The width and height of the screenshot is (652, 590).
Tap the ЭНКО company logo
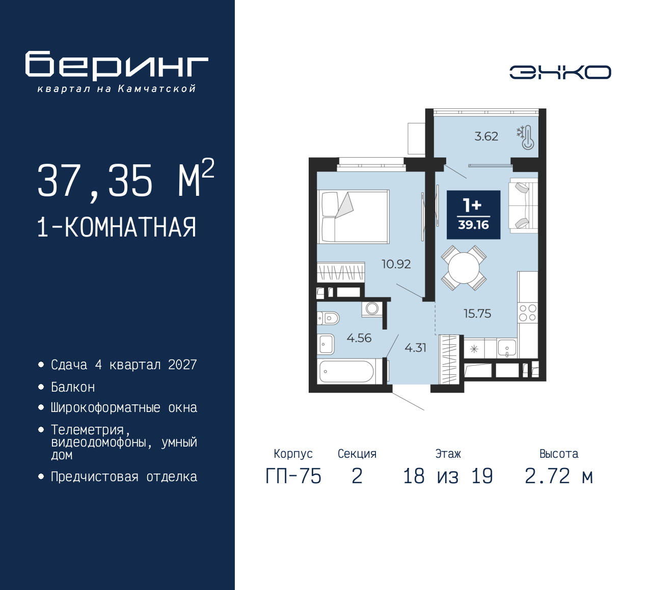560,72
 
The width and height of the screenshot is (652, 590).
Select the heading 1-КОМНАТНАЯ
117,227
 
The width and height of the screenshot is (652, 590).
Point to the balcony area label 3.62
486,136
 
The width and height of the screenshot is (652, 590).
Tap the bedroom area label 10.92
396,264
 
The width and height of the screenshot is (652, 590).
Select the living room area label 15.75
477,313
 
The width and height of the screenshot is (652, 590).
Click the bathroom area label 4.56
359,338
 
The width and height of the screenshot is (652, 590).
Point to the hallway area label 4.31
415,348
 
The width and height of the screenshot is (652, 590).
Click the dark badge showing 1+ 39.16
473,215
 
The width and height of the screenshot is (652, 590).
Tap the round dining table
464,268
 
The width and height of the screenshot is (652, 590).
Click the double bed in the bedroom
353,217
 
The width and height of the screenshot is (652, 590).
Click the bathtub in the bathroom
346,372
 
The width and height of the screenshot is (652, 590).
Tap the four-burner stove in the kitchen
527,313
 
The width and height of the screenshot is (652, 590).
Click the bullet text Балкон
73,388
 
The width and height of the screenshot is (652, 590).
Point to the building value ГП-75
293,477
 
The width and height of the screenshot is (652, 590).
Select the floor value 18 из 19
448,477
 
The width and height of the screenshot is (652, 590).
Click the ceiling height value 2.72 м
558,477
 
